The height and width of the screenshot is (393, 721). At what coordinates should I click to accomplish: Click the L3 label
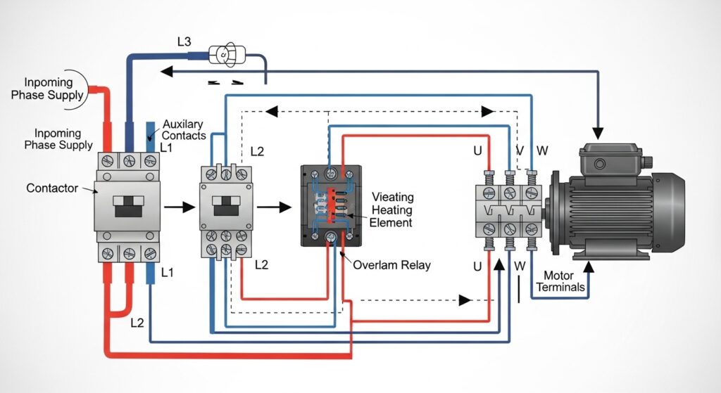coord(184,41)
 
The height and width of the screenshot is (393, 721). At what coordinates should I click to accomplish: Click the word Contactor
coord(51,188)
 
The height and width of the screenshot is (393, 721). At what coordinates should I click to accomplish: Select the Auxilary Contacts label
coord(184,129)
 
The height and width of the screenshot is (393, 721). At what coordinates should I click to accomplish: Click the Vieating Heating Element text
coord(392,210)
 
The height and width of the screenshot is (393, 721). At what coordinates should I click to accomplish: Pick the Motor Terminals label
coord(560,281)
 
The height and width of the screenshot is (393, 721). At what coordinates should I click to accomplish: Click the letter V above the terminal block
coord(520,150)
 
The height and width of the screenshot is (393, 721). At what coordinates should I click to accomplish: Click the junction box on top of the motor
coord(608,160)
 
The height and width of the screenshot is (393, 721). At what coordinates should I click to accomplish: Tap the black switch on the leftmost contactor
coord(127,206)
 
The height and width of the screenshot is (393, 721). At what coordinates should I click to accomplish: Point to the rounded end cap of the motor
coord(669,211)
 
